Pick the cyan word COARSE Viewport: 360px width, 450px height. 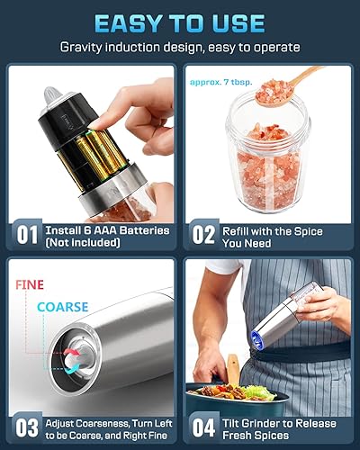(63, 308)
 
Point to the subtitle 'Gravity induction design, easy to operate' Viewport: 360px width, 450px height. (180, 47)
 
